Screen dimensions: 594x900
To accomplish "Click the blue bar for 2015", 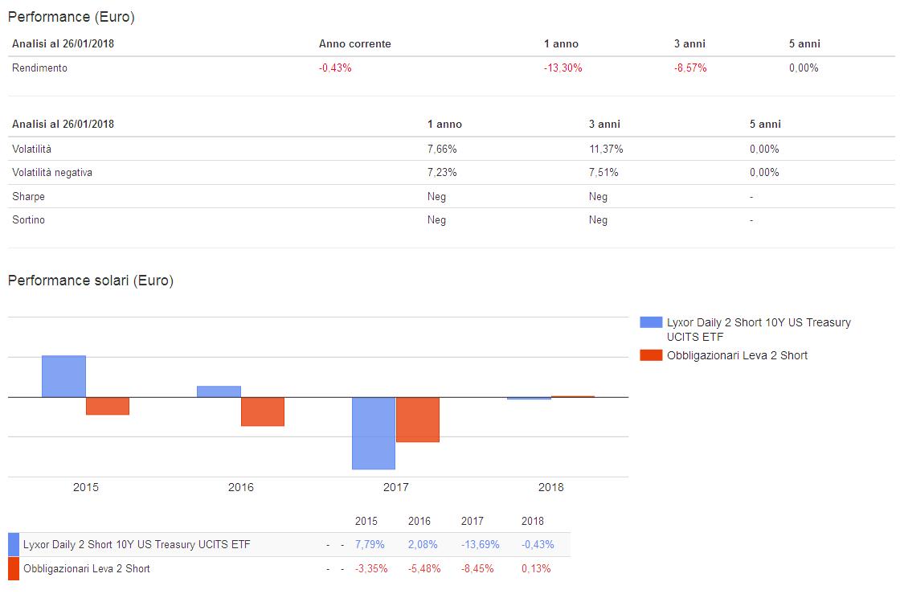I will point(63,376).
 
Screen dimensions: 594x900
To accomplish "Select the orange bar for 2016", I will point(263,412).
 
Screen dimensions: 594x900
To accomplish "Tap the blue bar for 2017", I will point(374,433).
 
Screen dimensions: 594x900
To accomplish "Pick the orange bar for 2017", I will point(418,420).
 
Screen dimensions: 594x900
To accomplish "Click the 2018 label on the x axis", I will point(550,487).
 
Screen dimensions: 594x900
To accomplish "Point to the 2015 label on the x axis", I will point(86,487).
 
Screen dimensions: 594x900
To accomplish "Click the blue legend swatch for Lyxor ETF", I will point(651,322).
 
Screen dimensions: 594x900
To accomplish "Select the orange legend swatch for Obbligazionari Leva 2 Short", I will point(651,355).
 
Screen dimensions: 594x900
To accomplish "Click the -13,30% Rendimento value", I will point(562,68).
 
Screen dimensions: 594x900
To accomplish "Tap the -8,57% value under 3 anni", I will point(690,68).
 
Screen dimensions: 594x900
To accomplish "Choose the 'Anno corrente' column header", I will point(354,44).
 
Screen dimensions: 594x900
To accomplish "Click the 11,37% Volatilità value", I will point(605,150).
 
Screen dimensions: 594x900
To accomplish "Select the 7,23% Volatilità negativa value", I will point(442,173).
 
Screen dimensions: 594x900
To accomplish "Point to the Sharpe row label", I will point(28,197).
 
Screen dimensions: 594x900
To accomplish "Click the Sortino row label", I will point(28,220).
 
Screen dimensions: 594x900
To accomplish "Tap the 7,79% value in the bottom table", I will point(370,545).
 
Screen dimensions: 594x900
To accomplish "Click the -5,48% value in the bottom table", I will point(424,569).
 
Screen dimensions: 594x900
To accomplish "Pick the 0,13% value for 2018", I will point(536,569).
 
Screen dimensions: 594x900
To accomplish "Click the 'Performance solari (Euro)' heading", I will point(90,281).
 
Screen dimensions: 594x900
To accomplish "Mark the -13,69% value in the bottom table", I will point(480,545).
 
